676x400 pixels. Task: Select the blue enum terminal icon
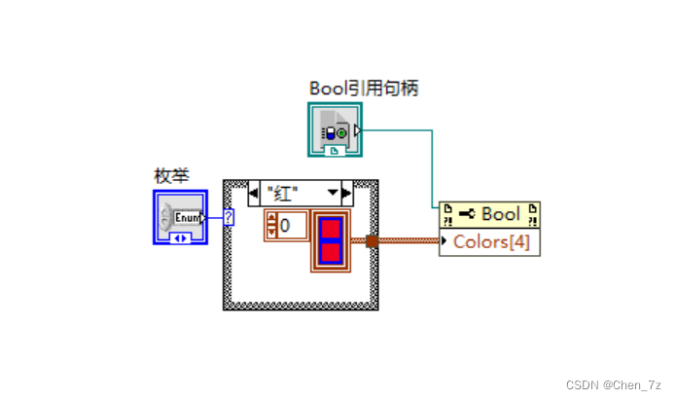coord(180,216)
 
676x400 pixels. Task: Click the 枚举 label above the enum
coord(171,175)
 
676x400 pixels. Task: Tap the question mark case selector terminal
coord(229,216)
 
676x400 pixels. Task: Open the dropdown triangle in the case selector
coord(331,193)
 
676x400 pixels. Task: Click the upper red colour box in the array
coord(331,230)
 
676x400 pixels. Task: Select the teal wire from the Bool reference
coord(431,165)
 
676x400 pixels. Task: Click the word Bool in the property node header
coord(501,214)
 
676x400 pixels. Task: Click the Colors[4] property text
coord(491,242)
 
